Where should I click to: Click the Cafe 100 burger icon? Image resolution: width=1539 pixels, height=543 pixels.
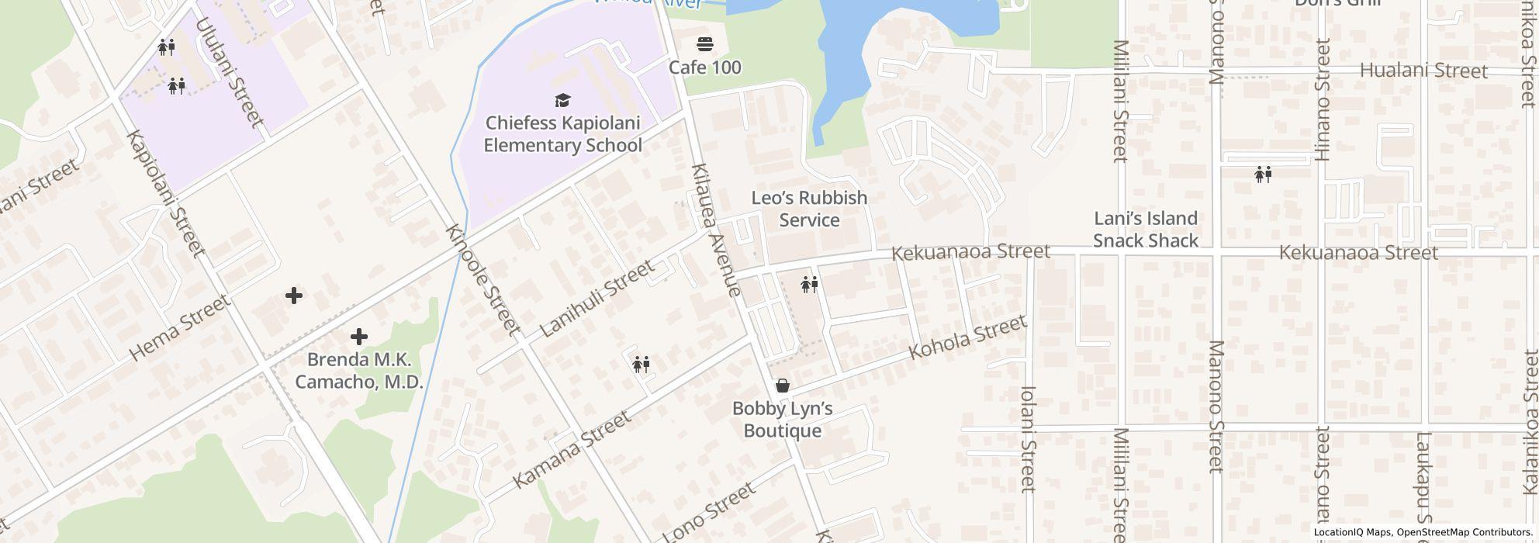[x=704, y=43]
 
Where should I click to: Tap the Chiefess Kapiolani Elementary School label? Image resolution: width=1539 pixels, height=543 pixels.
[x=562, y=134]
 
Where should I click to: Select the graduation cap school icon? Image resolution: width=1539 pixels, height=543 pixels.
[x=562, y=100]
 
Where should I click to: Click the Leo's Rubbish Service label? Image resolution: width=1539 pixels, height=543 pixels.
[x=809, y=209]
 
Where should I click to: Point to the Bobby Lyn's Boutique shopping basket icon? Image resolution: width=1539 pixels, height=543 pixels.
[x=783, y=386]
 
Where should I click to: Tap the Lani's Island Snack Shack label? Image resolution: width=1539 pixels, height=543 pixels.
[x=1146, y=229]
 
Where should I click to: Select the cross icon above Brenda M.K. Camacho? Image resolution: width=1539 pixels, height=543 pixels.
[x=358, y=337]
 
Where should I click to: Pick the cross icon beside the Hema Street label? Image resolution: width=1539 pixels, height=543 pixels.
[x=294, y=296]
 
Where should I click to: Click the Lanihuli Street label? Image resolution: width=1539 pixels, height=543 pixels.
[x=597, y=299]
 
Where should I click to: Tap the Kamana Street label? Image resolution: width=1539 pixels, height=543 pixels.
[x=572, y=450]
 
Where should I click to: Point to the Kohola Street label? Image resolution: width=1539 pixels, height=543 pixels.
[x=967, y=337]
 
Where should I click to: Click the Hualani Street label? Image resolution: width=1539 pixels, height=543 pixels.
[x=1424, y=71]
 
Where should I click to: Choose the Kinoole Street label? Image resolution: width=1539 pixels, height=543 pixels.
[x=482, y=280]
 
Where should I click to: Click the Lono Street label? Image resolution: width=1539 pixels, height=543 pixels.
[x=709, y=512]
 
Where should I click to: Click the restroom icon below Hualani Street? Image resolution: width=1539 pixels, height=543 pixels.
[x=1263, y=175]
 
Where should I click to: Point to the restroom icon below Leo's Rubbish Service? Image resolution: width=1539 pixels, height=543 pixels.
[x=809, y=285]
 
